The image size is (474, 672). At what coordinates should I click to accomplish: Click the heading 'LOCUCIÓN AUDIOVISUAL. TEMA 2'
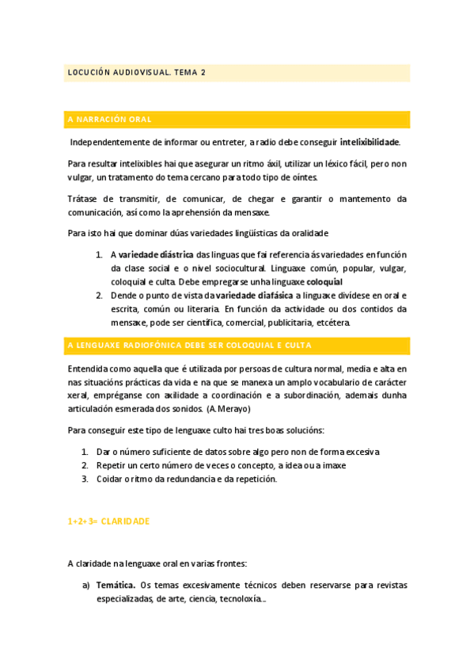(x=136, y=72)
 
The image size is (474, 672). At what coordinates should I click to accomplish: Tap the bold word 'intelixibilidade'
(x=370, y=143)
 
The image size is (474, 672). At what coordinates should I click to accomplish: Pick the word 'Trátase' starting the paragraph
(x=84, y=199)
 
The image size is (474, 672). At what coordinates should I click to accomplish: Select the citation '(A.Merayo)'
(x=228, y=409)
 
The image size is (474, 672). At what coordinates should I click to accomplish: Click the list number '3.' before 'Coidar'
(x=85, y=479)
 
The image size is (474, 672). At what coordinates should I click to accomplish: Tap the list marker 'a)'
(x=86, y=586)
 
